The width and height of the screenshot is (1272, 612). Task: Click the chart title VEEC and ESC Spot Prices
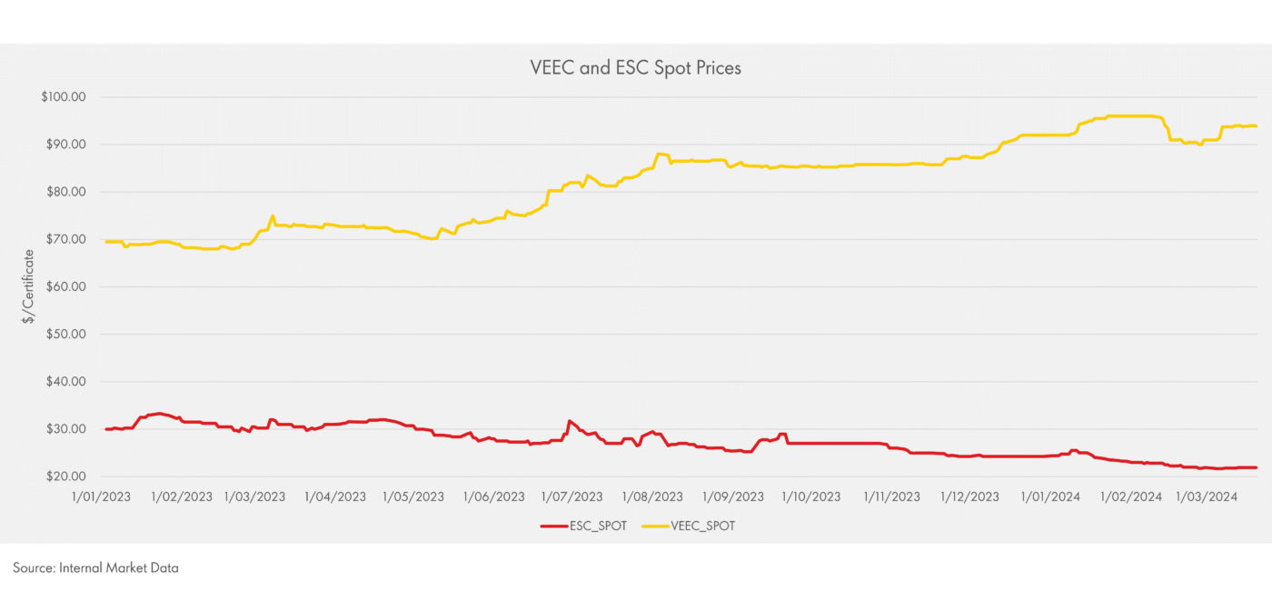coord(635,68)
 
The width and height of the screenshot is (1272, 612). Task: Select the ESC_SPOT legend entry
coord(596,526)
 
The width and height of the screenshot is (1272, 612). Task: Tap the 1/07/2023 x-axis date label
coord(572,497)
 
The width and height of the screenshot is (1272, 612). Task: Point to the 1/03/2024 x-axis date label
coord(1207,497)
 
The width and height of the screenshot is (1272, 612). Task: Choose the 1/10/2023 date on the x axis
coord(810,497)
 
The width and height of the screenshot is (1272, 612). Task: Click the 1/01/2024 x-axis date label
coord(1049,497)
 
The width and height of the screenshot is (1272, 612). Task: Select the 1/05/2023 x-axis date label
coord(414,497)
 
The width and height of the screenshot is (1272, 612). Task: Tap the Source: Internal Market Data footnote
coord(95,568)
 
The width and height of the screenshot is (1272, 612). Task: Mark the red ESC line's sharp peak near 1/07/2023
coord(570,421)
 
